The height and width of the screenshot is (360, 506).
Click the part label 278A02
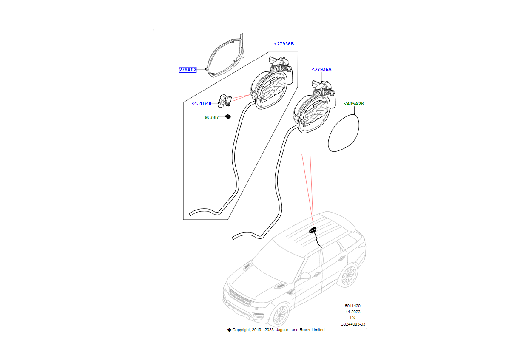point(188,70)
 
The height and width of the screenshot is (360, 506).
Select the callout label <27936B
point(284,44)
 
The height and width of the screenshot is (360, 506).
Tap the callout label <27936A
point(321,69)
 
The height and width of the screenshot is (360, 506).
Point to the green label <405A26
point(354,104)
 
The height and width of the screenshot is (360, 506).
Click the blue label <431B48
point(202,103)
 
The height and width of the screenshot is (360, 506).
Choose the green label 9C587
point(211,117)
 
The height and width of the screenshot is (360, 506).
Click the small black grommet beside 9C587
point(228,117)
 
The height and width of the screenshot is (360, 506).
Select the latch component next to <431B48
point(225,100)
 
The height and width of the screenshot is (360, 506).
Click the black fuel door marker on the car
point(313,230)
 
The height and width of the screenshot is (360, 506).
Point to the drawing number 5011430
point(352,306)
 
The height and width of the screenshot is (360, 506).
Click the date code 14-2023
point(352,312)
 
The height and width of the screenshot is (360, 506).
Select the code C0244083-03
point(352,324)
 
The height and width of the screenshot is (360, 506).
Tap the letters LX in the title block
point(352,318)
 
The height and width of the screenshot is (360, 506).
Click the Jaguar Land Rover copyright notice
point(276,330)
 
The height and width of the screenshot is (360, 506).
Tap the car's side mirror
point(305,276)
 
